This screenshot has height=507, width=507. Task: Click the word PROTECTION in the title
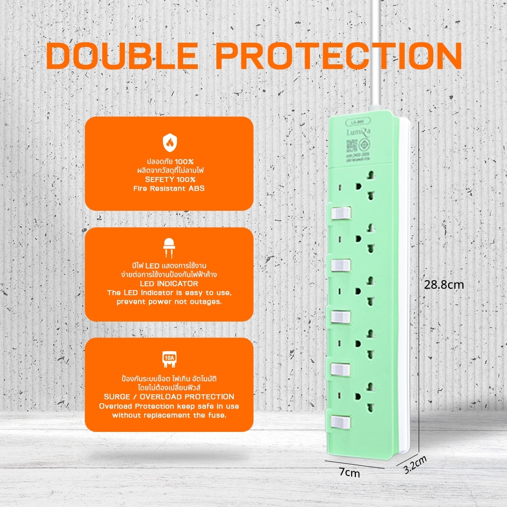(339, 57)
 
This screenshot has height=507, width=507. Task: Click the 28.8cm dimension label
(444, 284)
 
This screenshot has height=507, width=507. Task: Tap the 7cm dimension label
(349, 473)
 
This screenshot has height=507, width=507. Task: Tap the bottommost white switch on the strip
(342, 421)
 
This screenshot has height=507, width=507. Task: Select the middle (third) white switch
(342, 317)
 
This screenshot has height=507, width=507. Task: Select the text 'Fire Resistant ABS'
(169, 189)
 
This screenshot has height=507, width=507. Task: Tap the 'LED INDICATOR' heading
(169, 284)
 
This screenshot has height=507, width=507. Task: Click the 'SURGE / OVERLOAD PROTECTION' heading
(169, 397)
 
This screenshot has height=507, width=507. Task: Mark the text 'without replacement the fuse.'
(169, 415)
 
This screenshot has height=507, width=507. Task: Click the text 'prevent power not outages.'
(169, 301)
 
